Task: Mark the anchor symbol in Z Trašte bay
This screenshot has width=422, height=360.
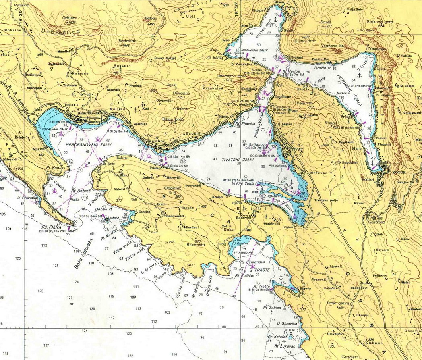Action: point(281,277)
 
